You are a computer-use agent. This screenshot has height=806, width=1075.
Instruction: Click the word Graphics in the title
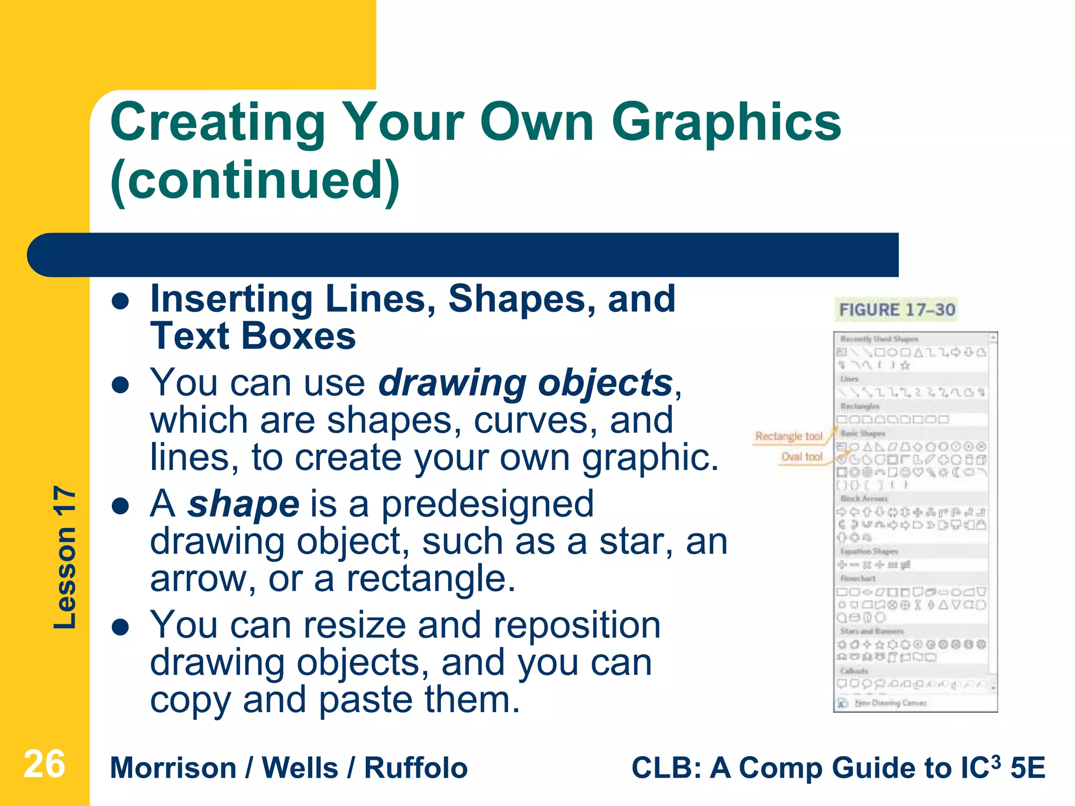(726, 123)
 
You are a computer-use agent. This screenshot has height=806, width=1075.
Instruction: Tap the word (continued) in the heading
(255, 181)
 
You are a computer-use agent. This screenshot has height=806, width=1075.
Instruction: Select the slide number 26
(45, 765)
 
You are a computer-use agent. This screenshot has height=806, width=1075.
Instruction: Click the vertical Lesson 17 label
(65, 557)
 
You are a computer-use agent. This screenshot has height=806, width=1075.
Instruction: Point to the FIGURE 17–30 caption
(897, 310)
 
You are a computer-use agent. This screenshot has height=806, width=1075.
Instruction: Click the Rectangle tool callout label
(788, 436)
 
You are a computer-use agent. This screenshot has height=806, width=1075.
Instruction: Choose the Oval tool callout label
(802, 457)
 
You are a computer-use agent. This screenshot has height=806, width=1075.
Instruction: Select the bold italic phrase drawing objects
(525, 383)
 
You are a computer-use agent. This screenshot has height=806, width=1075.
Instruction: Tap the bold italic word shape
(244, 504)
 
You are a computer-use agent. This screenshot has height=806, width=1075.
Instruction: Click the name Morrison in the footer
(173, 768)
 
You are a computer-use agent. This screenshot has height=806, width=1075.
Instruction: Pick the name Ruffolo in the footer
(416, 768)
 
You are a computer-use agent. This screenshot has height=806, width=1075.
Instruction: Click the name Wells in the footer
(300, 768)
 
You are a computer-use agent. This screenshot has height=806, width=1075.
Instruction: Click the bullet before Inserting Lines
(121, 301)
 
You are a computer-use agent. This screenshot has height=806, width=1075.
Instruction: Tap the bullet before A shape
(121, 506)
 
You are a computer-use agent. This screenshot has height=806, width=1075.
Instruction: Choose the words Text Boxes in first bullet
(253, 336)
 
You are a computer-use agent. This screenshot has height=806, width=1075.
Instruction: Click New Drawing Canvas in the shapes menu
(890, 703)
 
